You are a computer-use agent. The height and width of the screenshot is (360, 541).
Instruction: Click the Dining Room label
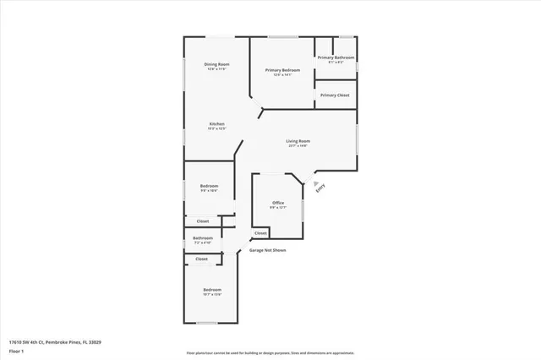[216, 64]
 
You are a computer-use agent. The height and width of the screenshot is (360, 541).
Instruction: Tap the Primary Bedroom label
[282, 70]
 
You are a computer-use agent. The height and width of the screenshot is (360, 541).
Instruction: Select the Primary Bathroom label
[336, 57]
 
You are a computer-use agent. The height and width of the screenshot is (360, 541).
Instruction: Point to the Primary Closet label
[335, 95]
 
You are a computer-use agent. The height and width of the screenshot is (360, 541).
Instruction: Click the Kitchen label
[217, 124]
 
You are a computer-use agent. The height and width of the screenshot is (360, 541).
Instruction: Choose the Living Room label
[298, 140]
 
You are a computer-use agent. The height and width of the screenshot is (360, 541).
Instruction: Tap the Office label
[277, 203]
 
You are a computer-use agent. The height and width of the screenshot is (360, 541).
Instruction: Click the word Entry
[320, 191]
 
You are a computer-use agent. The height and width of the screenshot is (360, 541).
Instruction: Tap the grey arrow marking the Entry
[315, 181]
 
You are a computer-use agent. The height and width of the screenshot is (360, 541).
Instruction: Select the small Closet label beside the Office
[260, 233]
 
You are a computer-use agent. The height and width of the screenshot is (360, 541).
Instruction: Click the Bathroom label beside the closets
[202, 238]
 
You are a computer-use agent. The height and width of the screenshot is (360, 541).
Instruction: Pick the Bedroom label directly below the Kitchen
[209, 186]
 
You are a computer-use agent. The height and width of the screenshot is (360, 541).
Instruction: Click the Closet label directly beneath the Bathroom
[202, 259]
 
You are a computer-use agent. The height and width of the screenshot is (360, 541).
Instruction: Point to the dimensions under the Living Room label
[298, 145]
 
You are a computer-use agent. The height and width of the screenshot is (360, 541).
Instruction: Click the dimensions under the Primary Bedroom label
[282, 75]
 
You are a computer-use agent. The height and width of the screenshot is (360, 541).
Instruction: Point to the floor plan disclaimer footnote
[270, 353]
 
